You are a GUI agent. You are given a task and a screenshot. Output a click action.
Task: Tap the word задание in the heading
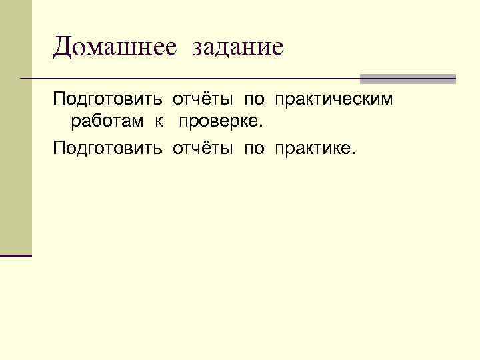(x=237, y=48)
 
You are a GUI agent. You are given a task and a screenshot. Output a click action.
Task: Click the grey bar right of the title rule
(x=407, y=79)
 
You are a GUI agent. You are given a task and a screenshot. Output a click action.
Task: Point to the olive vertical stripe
(x=16, y=127)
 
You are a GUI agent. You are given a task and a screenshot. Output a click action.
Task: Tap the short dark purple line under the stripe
(x=16, y=255)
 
